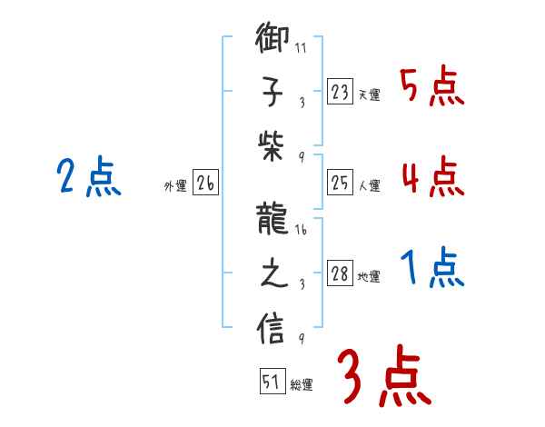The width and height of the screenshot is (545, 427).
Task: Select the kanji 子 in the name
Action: click(x=272, y=91)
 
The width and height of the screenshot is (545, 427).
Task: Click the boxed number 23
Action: click(x=340, y=92)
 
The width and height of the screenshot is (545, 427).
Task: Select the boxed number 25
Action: click(x=340, y=184)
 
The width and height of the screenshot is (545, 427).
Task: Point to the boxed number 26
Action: click(x=205, y=184)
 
